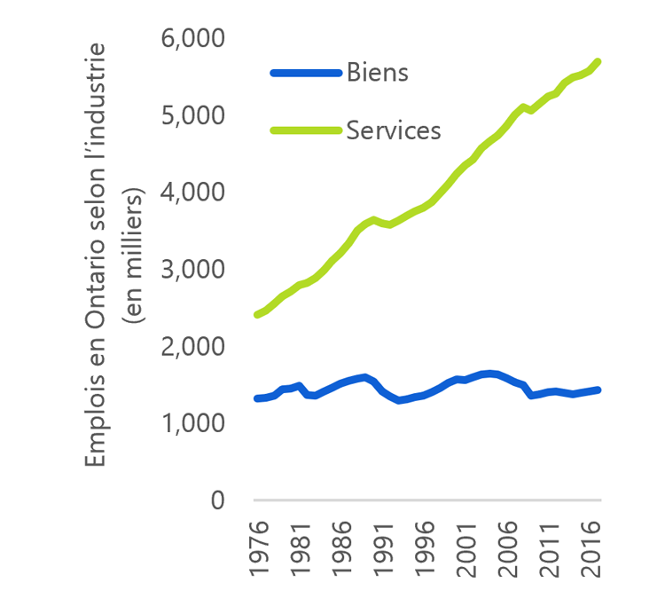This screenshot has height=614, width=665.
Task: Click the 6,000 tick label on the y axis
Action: (192, 38)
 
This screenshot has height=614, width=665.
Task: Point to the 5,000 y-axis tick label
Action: (192, 115)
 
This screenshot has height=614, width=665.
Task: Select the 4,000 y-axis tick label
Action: (192, 192)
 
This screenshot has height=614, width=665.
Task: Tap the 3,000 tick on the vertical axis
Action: (192, 269)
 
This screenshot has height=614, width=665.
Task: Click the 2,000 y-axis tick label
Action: (192, 346)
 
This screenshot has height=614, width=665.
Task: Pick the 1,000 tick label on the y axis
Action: (192, 423)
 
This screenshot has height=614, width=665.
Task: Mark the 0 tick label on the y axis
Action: (217, 500)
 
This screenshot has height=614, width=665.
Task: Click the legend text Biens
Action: (377, 72)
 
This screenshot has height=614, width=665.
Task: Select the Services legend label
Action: (393, 130)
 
